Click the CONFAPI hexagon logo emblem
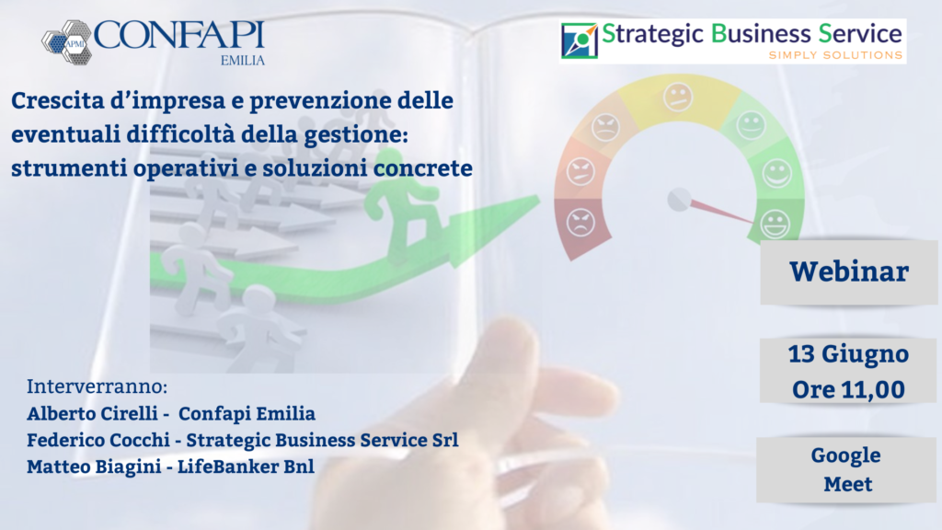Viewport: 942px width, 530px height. (66, 42)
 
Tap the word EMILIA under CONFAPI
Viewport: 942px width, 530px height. (243, 61)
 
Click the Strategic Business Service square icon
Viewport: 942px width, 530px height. (580, 40)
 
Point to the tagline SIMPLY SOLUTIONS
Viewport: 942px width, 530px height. (835, 55)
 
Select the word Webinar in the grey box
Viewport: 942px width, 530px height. (849, 271)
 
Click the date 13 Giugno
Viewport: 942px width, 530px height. (848, 354)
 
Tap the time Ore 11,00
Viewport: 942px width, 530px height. (848, 390)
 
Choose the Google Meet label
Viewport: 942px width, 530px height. (846, 469)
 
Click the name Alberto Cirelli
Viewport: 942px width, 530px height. (93, 413)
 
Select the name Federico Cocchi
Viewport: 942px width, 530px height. (98, 440)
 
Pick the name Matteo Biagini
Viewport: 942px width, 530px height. (95, 467)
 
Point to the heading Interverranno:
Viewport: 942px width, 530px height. (98, 386)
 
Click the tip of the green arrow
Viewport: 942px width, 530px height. (539, 197)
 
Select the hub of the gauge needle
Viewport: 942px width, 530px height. (680, 200)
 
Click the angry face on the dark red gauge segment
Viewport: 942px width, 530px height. (580, 223)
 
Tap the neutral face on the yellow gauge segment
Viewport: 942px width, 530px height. (678, 98)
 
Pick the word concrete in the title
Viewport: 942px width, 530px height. (423, 168)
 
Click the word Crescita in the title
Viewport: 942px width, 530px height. (58, 100)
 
